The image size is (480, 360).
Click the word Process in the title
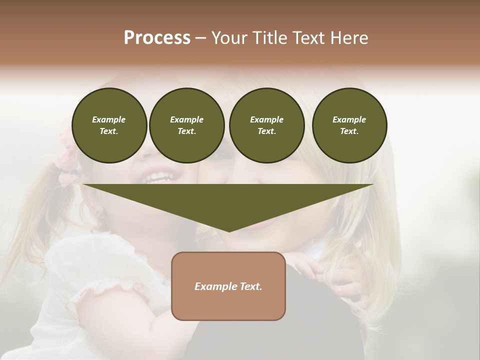[157, 38]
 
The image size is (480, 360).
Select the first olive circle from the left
[109, 125]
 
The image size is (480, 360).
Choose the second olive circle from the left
[187, 125]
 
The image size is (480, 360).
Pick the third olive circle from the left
[266, 125]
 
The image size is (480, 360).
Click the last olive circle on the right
[349, 125]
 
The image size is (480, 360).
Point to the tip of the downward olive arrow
[229, 230]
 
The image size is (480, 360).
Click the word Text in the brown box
[250, 286]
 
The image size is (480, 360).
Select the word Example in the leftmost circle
[109, 119]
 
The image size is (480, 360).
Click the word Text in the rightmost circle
[349, 131]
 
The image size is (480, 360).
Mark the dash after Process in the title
[200, 38]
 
